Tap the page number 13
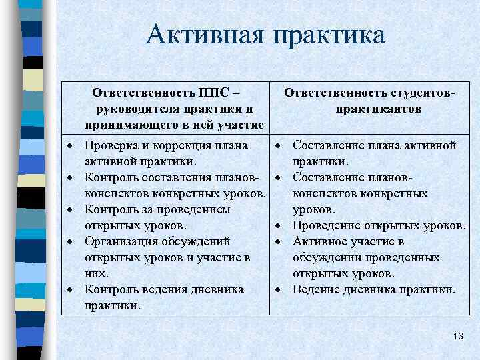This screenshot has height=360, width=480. coord(457,336)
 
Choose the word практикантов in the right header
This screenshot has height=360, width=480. coord(379,109)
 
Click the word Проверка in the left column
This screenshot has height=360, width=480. coord(114,145)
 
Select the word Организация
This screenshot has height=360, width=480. coord(123,241)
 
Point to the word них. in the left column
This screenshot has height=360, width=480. coord(97,273)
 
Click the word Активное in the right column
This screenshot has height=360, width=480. coord(322,241)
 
